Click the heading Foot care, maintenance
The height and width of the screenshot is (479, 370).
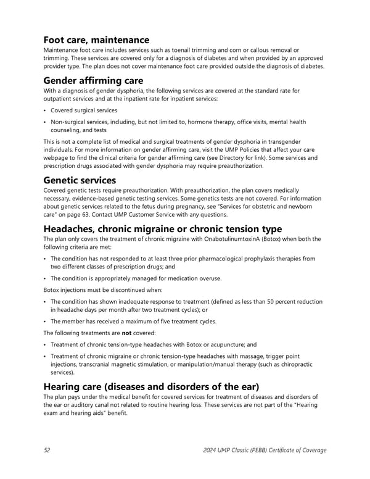(x=96, y=40)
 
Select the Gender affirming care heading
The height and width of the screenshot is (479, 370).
(x=92, y=81)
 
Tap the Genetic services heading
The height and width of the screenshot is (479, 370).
(x=80, y=180)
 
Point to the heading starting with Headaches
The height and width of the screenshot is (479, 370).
(x=163, y=229)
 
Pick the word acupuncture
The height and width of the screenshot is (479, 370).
(x=229, y=345)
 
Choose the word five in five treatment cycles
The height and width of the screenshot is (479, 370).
(x=158, y=322)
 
